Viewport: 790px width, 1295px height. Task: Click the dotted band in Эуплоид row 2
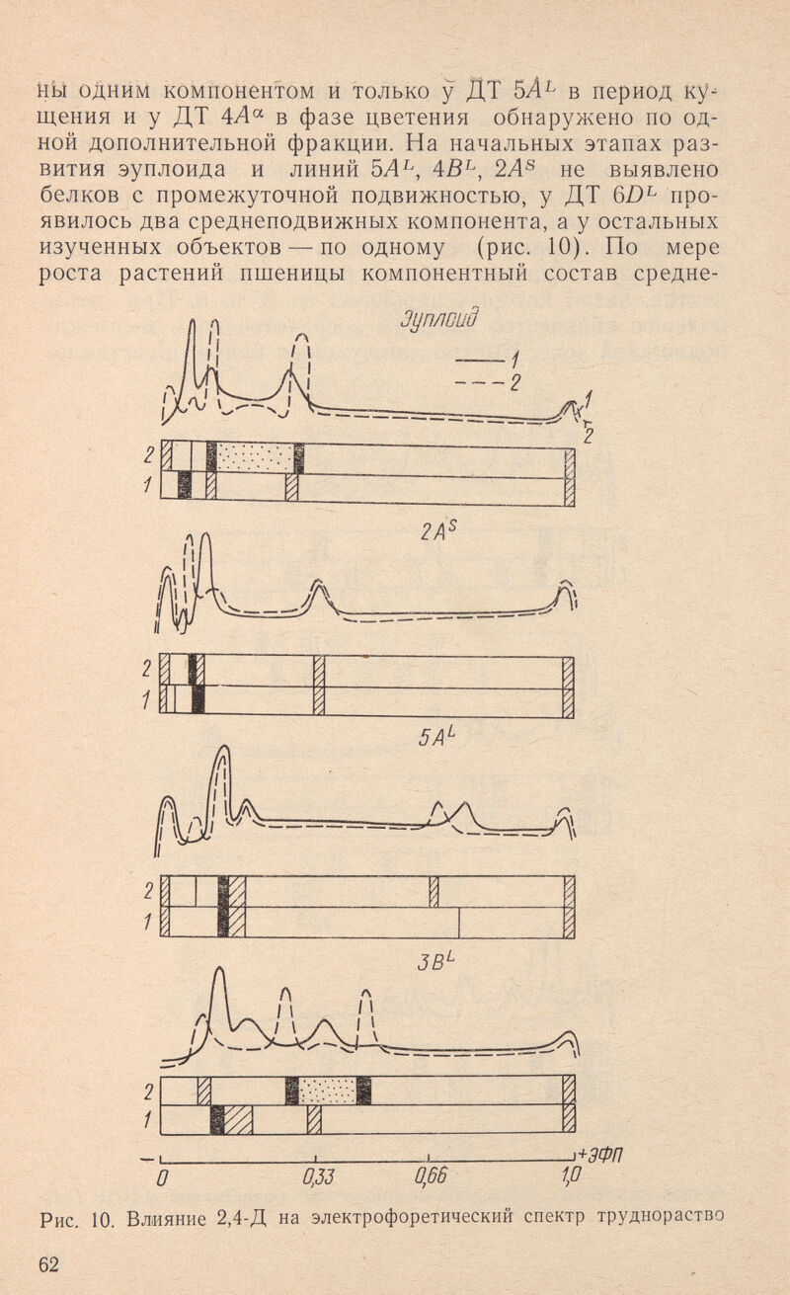coord(255,457)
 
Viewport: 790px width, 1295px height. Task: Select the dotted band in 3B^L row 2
coord(327,1092)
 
